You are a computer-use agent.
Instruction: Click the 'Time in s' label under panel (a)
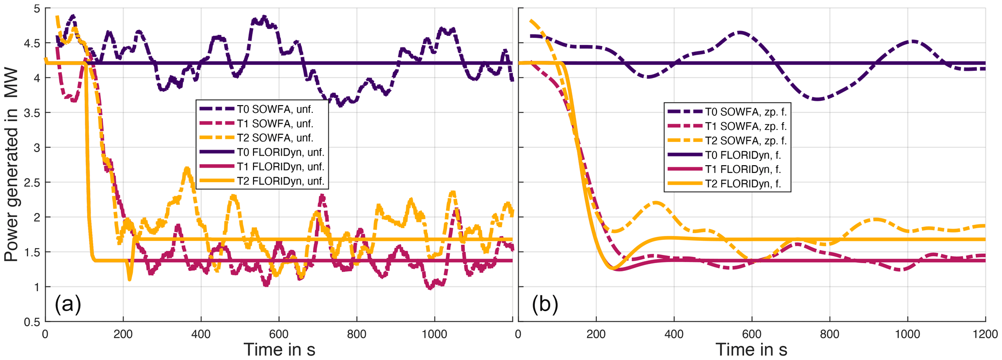pos(279,349)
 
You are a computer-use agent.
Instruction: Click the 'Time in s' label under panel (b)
pos(751,349)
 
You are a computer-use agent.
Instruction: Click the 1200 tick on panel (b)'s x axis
pos(984,334)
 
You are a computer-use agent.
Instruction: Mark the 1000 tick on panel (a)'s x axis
pos(434,334)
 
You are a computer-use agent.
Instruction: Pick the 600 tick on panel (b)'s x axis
pos(751,334)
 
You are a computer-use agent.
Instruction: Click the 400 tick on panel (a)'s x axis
pos(201,334)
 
